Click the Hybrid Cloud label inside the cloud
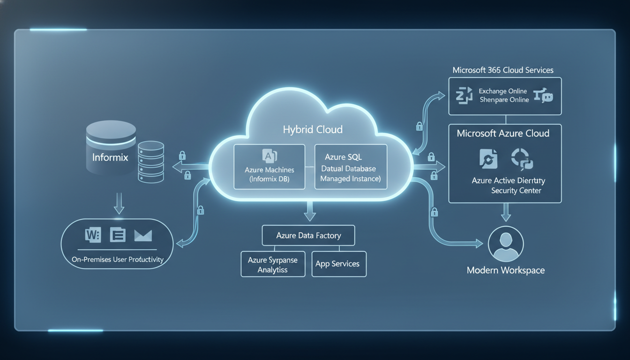pos(313,129)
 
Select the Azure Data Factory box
pos(308,235)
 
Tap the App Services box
pos(338,264)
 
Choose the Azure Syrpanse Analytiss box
pos(272,264)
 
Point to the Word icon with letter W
pos(93,235)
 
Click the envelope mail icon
pos(142,235)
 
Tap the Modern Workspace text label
pos(506,270)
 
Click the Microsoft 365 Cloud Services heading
pos(503,70)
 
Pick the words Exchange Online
pos(503,91)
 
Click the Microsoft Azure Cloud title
pos(503,134)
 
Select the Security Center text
pos(516,190)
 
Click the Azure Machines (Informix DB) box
pos(269,167)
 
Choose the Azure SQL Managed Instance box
pos(351,167)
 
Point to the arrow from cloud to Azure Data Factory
pos(308,211)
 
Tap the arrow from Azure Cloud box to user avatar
pos(506,213)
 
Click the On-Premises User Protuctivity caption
pos(117,259)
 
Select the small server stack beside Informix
pos(151,161)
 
